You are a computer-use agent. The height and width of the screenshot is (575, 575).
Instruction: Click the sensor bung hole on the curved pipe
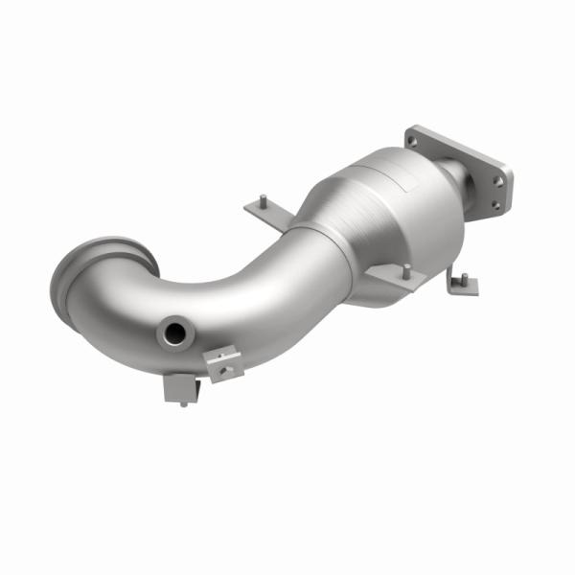175,333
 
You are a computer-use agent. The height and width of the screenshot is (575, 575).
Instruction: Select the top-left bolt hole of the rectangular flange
413,140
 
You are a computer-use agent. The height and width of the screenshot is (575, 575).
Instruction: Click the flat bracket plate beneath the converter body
393,281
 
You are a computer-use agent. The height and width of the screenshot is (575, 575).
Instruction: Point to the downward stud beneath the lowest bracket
183,403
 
